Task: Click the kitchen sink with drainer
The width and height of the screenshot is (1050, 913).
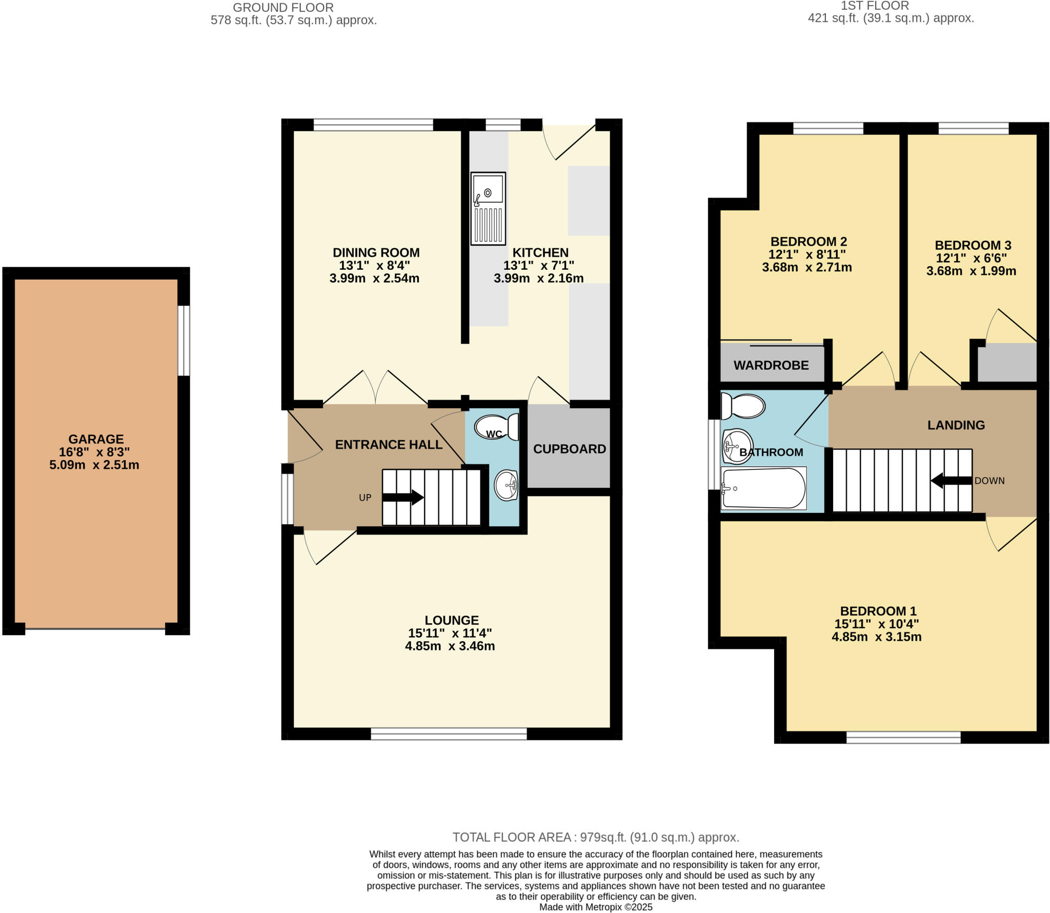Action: point(488,208)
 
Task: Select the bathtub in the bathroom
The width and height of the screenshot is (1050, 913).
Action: point(763,488)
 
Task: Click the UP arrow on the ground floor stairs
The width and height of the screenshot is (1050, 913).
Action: point(403,497)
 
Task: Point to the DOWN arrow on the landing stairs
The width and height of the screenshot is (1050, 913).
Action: point(951,481)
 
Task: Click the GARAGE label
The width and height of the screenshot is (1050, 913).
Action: point(96,439)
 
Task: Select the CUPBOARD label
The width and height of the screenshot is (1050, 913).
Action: point(569,449)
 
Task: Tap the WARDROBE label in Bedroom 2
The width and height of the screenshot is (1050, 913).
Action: point(771,365)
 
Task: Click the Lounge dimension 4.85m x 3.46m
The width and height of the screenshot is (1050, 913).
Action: point(450,646)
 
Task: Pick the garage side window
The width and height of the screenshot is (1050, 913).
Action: point(184,341)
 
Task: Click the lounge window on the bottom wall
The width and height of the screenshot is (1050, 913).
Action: point(449,734)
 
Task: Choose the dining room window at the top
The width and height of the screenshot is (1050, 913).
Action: point(373,125)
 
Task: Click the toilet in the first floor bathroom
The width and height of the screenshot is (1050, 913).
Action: point(743,406)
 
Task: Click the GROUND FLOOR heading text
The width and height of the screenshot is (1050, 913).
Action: point(283,8)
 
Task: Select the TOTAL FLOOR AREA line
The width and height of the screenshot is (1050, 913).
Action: point(595,837)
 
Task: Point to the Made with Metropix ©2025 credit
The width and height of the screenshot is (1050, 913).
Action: point(595,907)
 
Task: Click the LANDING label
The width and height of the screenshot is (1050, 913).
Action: point(956,425)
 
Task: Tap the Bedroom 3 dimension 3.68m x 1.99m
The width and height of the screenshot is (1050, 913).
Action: point(971,271)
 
